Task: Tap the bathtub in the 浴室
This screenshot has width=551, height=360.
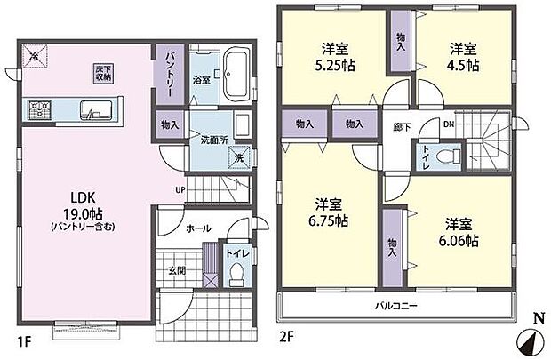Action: point(237,75)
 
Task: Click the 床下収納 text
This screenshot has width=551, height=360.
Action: point(104,72)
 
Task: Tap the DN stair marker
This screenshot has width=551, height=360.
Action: point(448,125)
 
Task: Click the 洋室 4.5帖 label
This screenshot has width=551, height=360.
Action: point(465,56)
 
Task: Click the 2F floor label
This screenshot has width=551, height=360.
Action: point(288,338)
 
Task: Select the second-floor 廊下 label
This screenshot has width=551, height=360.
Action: point(395,126)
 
